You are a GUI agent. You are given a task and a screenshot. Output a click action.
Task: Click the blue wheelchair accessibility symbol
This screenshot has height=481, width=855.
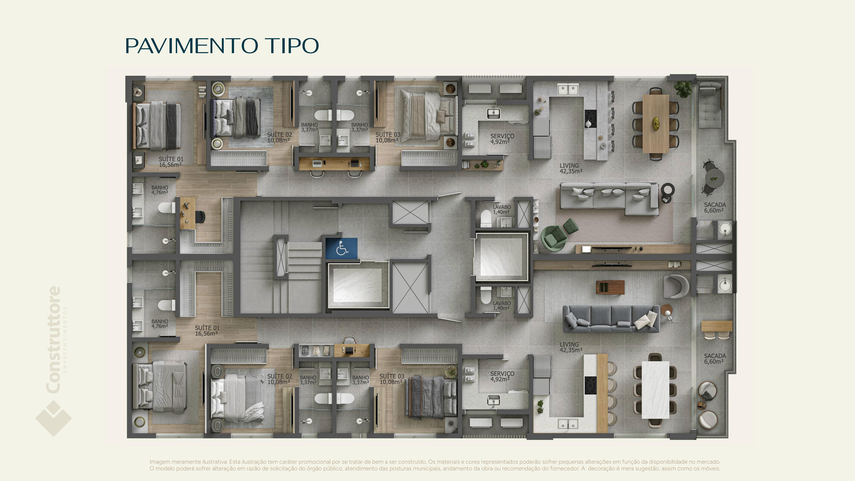pyautogui.click(x=341, y=248)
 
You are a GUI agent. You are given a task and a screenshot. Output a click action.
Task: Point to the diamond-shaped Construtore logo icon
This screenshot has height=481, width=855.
pyautogui.click(x=53, y=418)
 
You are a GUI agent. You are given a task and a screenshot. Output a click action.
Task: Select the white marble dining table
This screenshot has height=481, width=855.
pyautogui.click(x=655, y=390)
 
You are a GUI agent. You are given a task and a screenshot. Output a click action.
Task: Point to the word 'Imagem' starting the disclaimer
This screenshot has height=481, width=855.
pyautogui.click(x=159, y=462)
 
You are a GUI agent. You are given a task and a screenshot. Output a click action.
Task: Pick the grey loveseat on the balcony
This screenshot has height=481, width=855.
pyautogui.click(x=710, y=106)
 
